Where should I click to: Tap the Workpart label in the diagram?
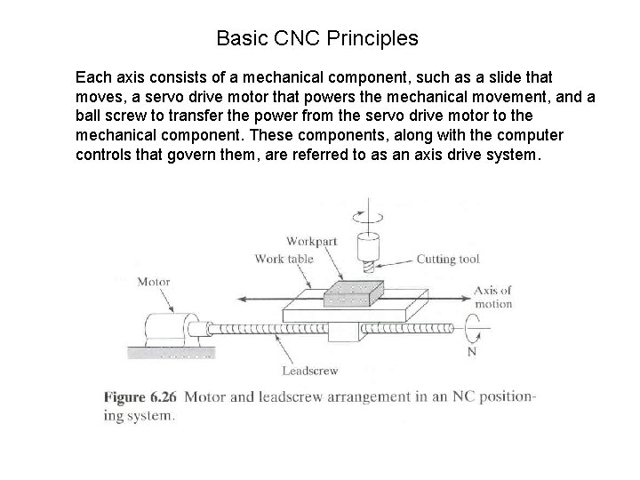(x=311, y=241)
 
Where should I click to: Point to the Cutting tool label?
(x=448, y=260)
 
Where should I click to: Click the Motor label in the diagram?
(x=153, y=282)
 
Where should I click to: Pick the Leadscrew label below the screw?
(x=309, y=371)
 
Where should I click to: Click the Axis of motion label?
(x=493, y=297)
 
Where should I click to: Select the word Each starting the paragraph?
(x=92, y=78)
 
